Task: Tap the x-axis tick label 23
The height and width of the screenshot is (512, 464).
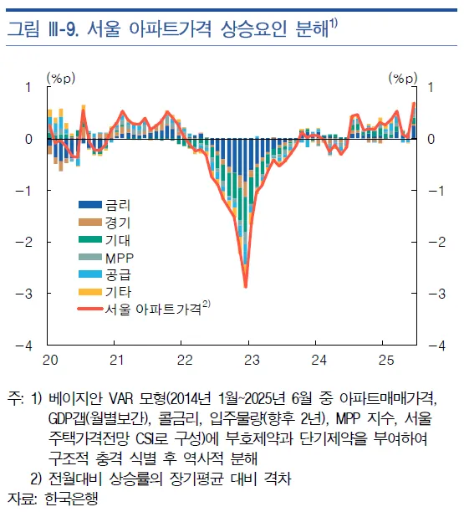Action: (x=252, y=359)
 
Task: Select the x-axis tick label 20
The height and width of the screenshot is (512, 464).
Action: (x=51, y=359)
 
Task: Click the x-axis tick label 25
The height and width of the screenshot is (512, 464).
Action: (x=385, y=359)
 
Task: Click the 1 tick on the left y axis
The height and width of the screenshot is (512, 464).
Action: (x=28, y=86)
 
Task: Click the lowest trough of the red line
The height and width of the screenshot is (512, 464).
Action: (x=246, y=287)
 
